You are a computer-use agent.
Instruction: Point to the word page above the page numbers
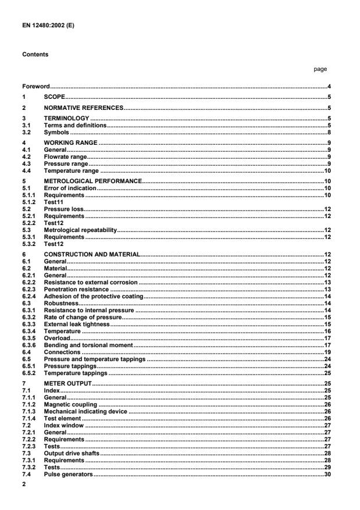coord(320,69)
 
